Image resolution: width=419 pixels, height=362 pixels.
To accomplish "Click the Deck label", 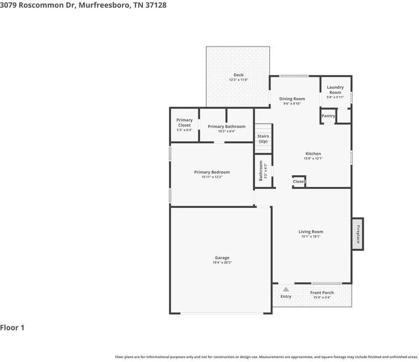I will point(238,75).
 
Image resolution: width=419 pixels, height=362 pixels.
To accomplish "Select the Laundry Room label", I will point(335,90).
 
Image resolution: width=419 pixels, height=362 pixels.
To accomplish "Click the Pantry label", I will point(328,116).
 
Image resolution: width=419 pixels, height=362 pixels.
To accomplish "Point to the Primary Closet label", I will point(184,123).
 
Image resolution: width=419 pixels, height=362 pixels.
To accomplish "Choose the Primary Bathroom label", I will point(226,127).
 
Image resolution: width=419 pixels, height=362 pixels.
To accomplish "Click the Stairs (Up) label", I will point(263,138).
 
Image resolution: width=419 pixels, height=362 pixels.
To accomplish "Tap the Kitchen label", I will point(313,154).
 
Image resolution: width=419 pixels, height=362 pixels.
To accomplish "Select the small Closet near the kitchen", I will point(299,181).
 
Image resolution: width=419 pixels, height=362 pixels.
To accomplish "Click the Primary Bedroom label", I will point(211,172).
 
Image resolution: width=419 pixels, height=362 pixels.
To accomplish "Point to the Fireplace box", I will point(358,234).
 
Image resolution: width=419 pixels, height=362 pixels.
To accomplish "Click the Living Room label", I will point(311,232).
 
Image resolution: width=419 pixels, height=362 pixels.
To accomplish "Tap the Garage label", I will point(222,258).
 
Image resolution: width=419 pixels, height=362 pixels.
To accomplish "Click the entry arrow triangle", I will point(285,289).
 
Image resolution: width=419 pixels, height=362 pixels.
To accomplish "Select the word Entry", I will point(285,296).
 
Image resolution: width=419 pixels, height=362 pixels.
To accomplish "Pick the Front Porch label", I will point(322,292).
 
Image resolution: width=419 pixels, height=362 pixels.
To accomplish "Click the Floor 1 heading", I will point(13,328).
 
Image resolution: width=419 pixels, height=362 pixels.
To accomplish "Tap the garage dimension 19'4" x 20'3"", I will point(222,263).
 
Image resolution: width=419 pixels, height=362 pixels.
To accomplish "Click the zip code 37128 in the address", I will point(155,5).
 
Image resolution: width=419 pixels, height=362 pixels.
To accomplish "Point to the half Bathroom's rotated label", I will point(261,171).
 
